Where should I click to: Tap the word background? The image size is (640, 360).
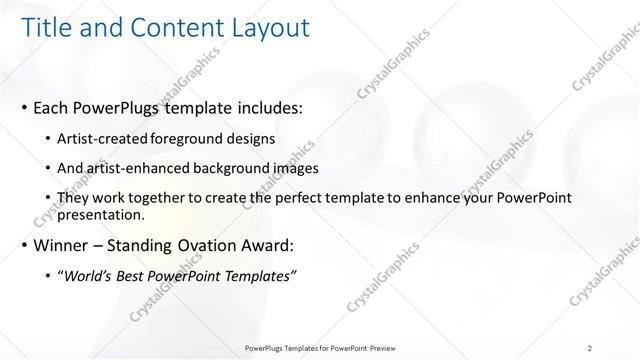pyautogui.click(x=226, y=169)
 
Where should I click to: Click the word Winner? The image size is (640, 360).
pyautogui.click(x=62, y=245)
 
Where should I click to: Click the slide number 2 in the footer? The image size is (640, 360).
pyautogui.click(x=590, y=348)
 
